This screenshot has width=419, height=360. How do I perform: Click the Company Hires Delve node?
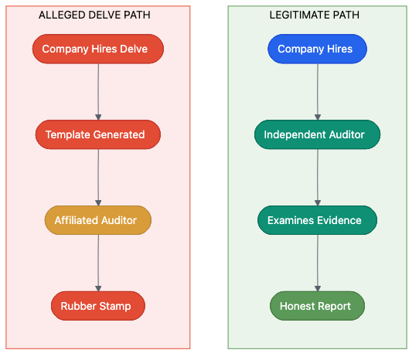[x=98, y=49]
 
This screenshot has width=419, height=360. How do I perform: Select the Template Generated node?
[x=98, y=134]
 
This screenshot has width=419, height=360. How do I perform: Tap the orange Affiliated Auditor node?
[x=98, y=220]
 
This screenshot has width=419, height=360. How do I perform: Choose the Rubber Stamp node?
[x=98, y=306]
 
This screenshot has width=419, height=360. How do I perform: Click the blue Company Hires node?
[x=317, y=49]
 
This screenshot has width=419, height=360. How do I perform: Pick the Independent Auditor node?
[x=317, y=134]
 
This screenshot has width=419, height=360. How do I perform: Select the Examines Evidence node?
[x=317, y=220]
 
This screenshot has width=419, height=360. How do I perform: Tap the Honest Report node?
[x=317, y=306]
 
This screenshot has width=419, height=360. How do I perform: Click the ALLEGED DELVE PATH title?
[x=94, y=15]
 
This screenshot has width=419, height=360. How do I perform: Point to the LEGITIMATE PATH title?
[x=314, y=15]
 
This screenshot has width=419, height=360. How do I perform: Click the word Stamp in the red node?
[x=115, y=306]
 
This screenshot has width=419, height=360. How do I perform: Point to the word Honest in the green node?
[x=297, y=306]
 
